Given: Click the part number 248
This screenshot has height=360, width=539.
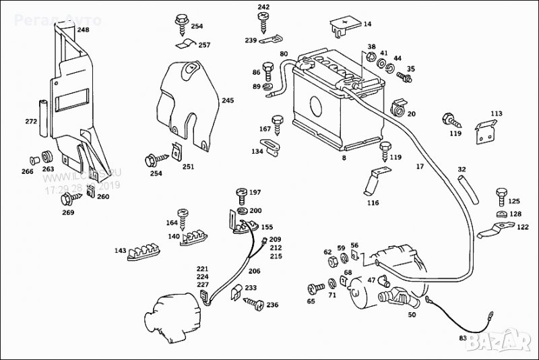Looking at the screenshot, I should [x=82, y=30].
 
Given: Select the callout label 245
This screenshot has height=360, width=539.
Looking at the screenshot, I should [x=228, y=100].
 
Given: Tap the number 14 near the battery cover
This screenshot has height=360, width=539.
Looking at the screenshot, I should [x=367, y=24].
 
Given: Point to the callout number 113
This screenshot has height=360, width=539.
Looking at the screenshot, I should [x=497, y=113].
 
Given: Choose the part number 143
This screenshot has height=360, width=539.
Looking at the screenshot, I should [x=120, y=251].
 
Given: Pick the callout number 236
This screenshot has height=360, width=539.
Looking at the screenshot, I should [x=272, y=305].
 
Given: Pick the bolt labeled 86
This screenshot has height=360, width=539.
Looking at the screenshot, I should [x=267, y=70].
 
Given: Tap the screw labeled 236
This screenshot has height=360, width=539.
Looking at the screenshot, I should [x=254, y=304].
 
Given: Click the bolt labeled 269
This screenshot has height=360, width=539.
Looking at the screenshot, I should [x=67, y=199].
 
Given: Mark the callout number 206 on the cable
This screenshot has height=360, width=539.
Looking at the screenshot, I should [x=254, y=272].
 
